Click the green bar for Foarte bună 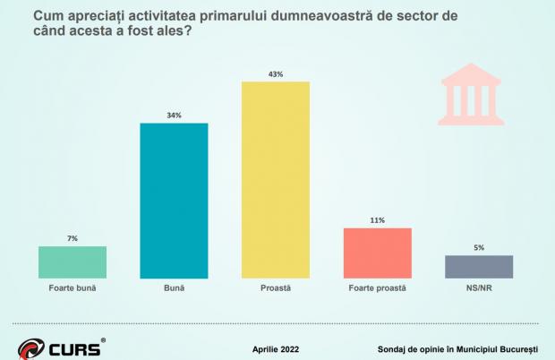coord(73,262)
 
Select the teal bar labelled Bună coord(174,201)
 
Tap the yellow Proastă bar coord(276,180)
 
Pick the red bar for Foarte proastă coord(377,253)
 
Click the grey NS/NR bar coord(479,267)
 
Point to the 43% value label coord(276,74)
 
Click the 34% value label coord(174,115)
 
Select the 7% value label coord(73,238)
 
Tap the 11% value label coord(377,220)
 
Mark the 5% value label coord(479,248)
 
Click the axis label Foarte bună coord(73,289)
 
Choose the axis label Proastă coord(276,289)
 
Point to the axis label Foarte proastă coord(377,289)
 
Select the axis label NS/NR coord(479,289)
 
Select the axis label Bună coord(174,289)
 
